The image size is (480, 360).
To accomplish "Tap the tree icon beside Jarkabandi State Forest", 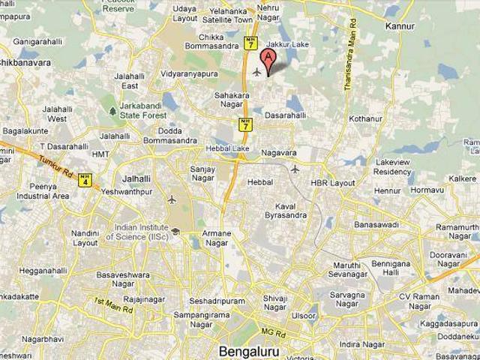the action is click(112, 111).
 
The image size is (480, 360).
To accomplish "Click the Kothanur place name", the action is click(365, 118).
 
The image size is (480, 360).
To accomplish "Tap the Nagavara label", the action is click(279, 152).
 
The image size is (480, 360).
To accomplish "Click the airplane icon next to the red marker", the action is click(256, 72).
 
